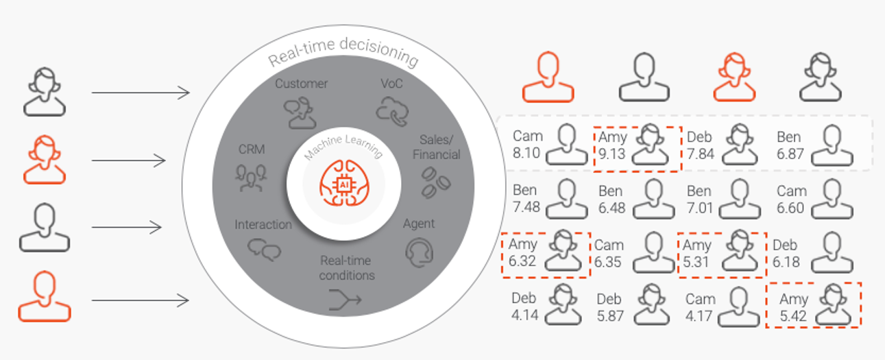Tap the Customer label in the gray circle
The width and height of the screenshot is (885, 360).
coord(302,84)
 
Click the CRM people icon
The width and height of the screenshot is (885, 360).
coord(251,177)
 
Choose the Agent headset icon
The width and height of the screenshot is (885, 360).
coord(419,252)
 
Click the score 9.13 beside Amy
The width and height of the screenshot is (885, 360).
coord(611,154)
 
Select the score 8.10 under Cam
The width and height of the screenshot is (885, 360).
coord(526,154)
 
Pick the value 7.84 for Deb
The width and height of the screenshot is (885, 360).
coord(701,154)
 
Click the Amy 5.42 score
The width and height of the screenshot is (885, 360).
coord(794,316)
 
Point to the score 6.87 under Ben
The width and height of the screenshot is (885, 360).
coord(790,154)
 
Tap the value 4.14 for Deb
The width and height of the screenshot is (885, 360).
coord(524,316)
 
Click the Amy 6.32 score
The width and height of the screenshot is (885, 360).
coord(522,261)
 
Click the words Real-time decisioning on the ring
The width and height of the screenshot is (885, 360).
coord(343,58)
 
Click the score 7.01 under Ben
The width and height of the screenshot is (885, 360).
coord(700,207)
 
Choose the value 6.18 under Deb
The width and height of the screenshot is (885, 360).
coord(786,261)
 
